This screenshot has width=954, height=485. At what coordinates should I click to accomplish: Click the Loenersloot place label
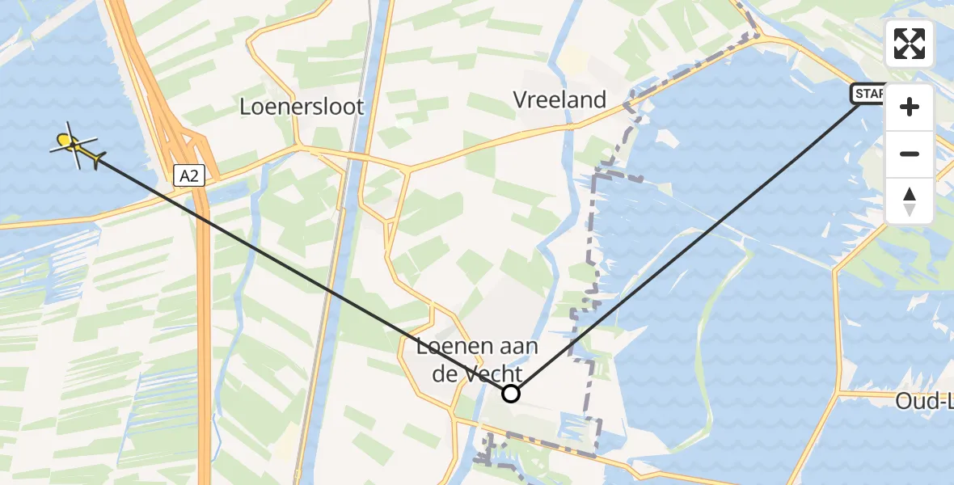tap(302, 107)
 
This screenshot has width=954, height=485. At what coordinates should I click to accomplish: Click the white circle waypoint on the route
tap(511, 394)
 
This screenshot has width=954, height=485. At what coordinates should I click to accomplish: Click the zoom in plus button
tap(910, 108)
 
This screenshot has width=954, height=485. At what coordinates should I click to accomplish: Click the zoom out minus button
tap(910, 154)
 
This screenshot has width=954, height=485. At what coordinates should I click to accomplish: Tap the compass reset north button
tap(910, 200)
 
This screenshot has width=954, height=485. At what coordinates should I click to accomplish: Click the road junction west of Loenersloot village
tap(299, 147)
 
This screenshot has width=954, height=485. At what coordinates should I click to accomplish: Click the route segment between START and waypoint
tap(687, 242)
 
